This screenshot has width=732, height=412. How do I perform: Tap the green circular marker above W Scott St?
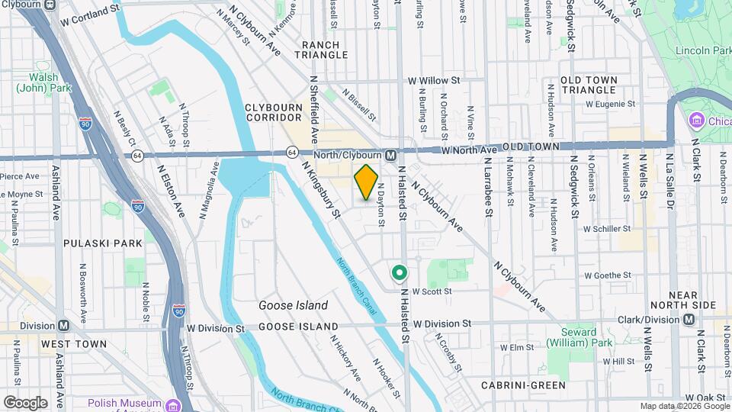(398, 272)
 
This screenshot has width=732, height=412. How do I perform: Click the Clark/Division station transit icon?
(689, 320)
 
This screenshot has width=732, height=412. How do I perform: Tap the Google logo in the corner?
(24, 402)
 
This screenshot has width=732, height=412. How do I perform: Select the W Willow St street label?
(434, 80)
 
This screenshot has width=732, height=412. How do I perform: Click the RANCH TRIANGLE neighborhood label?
(325, 50)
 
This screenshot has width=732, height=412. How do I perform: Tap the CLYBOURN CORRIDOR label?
(274, 113)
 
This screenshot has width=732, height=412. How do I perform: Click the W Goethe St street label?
(609, 275)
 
